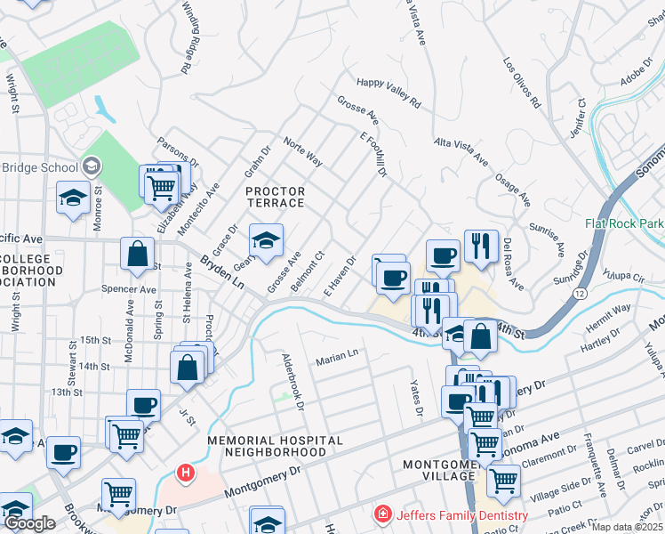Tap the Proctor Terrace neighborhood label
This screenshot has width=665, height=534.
point(275,197)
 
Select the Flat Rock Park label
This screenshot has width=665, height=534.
point(624,223)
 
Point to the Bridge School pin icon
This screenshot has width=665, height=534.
point(91,166)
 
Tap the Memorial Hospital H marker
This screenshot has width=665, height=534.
point(185,472)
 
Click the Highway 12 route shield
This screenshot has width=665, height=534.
point(581,292)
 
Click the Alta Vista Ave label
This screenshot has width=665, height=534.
point(461,151)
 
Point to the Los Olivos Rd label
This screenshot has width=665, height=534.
point(522,83)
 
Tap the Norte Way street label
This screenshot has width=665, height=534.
point(302,151)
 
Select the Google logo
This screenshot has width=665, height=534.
point(29,524)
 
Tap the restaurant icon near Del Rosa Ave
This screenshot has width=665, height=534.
point(481,245)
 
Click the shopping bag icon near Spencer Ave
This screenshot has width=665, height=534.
point(138,253)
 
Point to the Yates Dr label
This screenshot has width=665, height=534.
point(415,397)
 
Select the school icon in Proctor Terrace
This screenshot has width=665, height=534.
point(265,239)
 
